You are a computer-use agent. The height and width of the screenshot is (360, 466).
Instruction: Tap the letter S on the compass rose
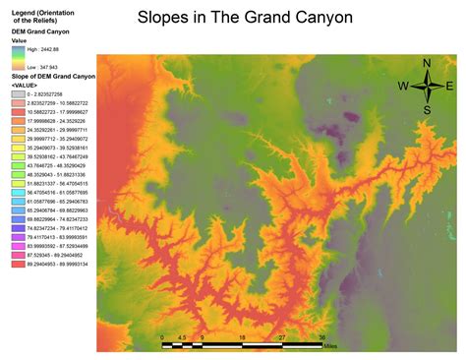click(x=428, y=109)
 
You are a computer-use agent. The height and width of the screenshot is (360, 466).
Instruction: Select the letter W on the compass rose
click(x=403, y=87)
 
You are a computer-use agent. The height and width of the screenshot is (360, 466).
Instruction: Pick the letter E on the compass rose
click(x=450, y=87)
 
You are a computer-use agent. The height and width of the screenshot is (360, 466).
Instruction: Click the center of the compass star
click(x=428, y=87)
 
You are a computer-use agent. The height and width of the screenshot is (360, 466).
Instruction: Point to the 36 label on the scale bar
click(x=322, y=336)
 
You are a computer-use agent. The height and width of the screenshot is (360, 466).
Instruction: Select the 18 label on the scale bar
click(x=242, y=336)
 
